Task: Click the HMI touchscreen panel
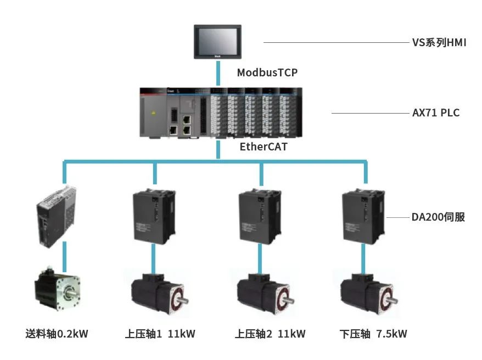click(x=218, y=41)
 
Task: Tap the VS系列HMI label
click(x=439, y=42)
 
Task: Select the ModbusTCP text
click(x=267, y=72)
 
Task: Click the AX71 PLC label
click(x=435, y=114)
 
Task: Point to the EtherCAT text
click(x=264, y=147)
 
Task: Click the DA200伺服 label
click(x=438, y=217)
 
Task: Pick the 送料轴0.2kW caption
click(x=57, y=334)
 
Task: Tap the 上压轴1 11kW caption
click(x=160, y=334)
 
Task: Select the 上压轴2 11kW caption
click(x=270, y=334)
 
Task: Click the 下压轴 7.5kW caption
click(x=373, y=334)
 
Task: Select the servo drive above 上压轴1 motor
click(x=154, y=216)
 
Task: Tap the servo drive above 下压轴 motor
click(x=362, y=216)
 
